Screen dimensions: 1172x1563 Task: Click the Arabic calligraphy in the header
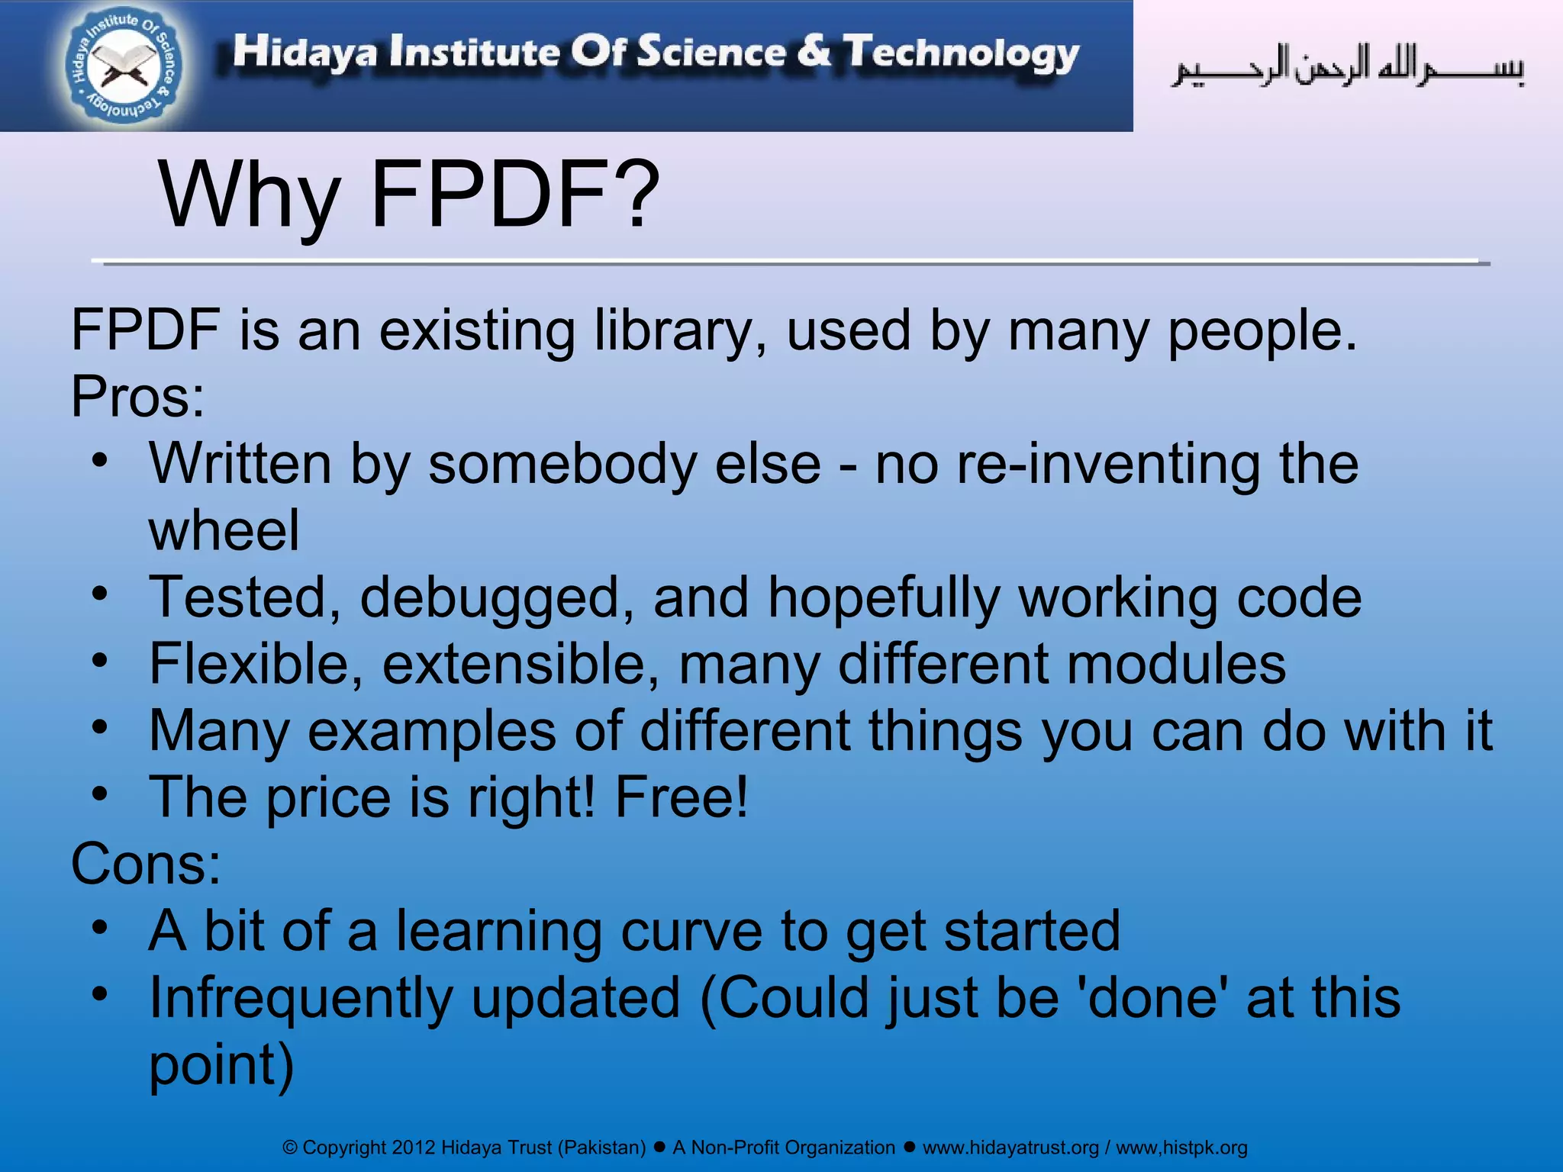click(1347, 67)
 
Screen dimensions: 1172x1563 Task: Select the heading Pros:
click(138, 397)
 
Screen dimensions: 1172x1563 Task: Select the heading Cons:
click(146, 864)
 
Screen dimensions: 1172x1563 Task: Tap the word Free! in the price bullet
click(682, 797)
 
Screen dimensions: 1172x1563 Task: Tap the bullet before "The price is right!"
click(99, 794)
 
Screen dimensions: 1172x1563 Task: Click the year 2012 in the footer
click(414, 1148)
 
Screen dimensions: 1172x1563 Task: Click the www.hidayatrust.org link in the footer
click(1010, 1148)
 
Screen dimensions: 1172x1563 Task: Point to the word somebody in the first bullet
click(562, 464)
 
